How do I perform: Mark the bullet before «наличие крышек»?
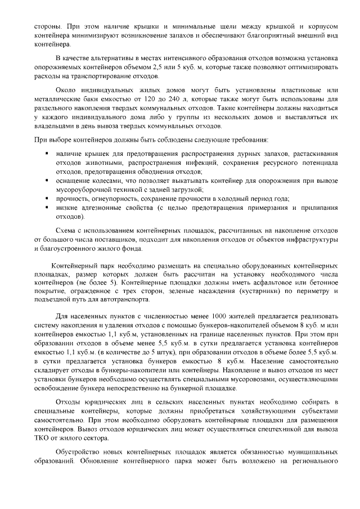point(46,154)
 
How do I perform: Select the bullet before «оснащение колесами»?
point(46,181)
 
